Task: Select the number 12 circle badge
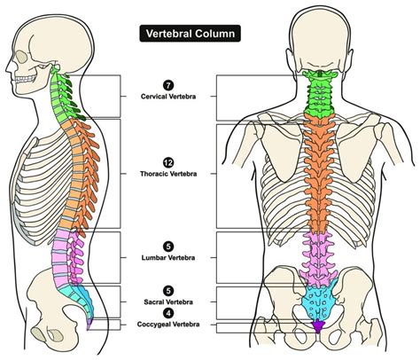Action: (x=167, y=161)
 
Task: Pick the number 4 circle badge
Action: (x=167, y=311)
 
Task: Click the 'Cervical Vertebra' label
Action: (x=167, y=96)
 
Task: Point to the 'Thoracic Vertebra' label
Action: (x=167, y=175)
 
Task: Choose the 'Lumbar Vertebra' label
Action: (x=167, y=258)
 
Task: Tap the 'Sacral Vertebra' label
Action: (x=167, y=301)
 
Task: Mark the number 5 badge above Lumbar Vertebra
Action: (x=167, y=246)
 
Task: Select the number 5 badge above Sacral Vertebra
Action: (x=167, y=289)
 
